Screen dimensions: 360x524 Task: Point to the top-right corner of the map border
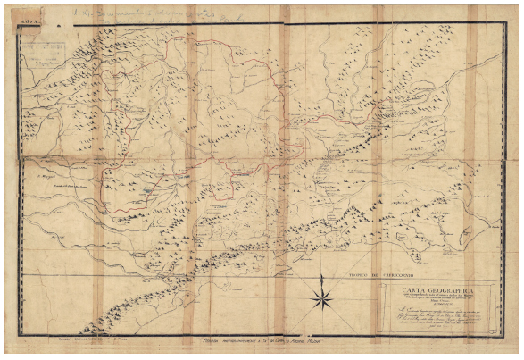pos(505,22)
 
